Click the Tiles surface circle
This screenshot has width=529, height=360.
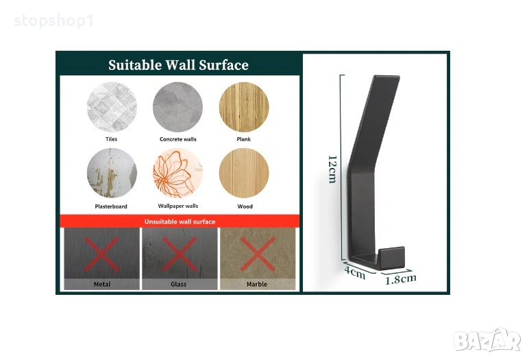[x=112, y=107]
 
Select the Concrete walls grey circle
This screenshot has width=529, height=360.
[x=177, y=107]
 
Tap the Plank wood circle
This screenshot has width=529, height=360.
[x=244, y=107]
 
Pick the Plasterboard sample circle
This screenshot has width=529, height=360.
[x=112, y=173]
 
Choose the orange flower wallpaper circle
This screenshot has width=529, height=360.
[x=177, y=173]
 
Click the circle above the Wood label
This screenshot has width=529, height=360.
[x=244, y=173]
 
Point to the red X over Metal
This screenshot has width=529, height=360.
[x=101, y=254]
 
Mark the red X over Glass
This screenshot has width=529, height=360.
[x=180, y=254]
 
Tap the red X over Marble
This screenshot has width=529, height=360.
[x=258, y=254]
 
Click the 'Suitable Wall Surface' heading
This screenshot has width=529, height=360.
[x=178, y=65]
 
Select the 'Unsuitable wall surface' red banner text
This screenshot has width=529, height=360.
[x=180, y=221]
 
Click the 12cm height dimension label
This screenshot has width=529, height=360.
[x=332, y=169]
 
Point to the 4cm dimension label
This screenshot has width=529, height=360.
[x=355, y=272]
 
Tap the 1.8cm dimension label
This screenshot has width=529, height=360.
[x=401, y=279]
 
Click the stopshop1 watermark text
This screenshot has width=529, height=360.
[x=53, y=21]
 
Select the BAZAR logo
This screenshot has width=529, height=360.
[x=487, y=339]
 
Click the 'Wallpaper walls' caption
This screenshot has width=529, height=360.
[x=178, y=206]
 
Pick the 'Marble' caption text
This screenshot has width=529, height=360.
[x=257, y=284]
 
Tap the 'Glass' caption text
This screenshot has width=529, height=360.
[x=178, y=284]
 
